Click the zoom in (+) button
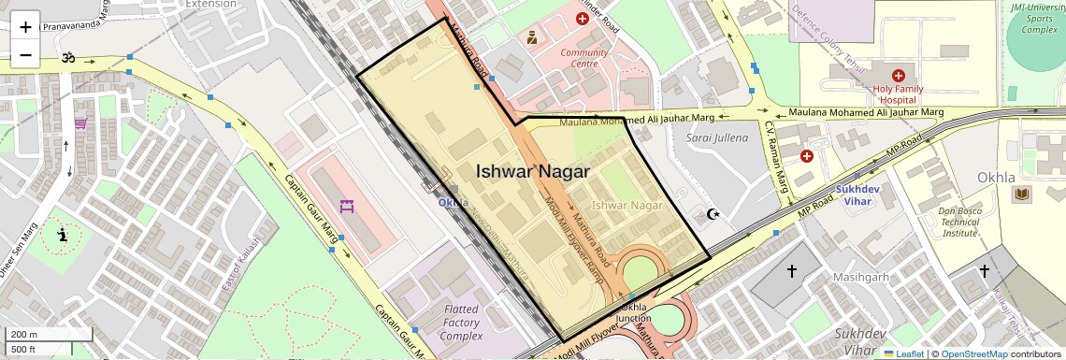(x=25, y=26)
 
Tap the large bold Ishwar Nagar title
(x=532, y=171)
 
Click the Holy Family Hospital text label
(x=898, y=94)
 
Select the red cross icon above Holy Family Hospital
(x=898, y=75)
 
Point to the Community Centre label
(x=584, y=58)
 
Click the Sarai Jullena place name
(x=717, y=137)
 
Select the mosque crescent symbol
(x=715, y=214)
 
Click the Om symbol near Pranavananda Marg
(x=66, y=57)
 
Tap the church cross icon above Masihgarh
(x=791, y=271)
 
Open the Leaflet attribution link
(x=902, y=353)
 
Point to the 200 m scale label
(x=24, y=335)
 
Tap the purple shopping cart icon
(x=82, y=122)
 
